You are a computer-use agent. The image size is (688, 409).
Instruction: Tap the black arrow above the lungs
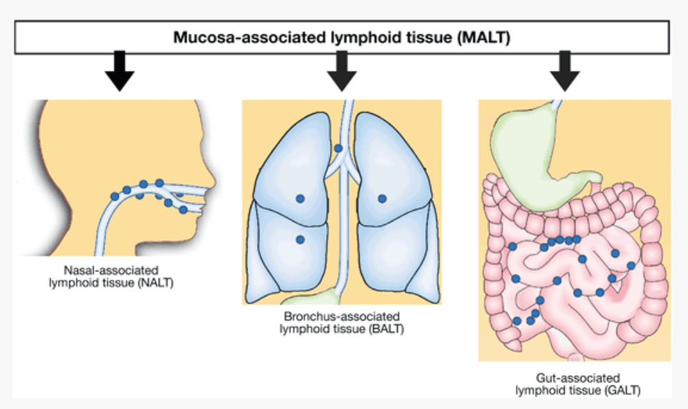(344, 72)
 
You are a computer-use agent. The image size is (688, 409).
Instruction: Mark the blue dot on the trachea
(339, 148)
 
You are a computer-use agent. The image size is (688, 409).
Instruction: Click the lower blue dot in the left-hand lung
(300, 239)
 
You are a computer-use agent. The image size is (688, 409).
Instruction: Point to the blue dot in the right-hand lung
(382, 198)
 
